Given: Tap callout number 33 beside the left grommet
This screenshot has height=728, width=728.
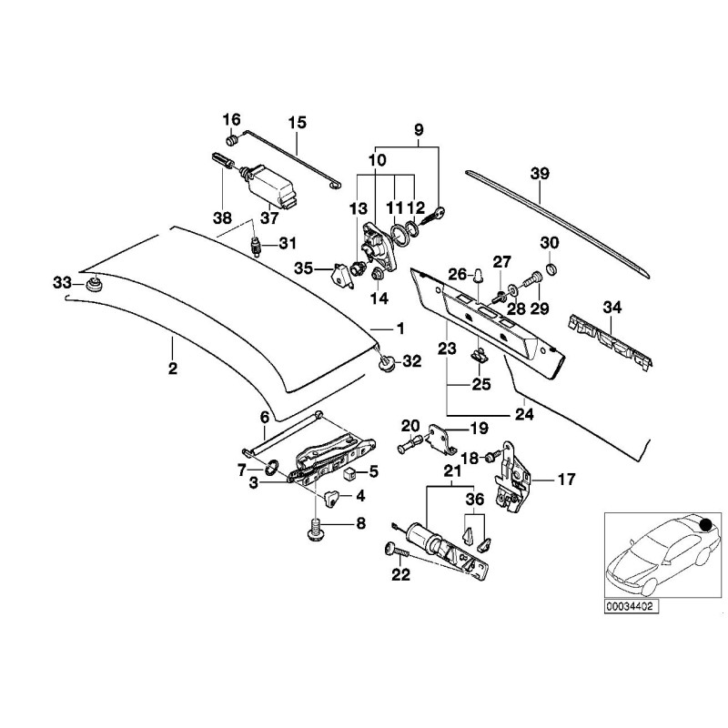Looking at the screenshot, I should (61, 284).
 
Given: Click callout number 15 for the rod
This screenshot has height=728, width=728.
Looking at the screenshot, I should (298, 122).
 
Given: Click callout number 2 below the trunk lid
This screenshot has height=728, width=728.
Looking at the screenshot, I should (172, 369).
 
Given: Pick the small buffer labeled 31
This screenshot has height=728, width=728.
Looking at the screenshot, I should (257, 245).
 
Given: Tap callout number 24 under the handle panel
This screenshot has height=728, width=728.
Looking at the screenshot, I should (524, 413).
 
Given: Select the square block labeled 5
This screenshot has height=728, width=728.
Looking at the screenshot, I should (349, 473).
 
